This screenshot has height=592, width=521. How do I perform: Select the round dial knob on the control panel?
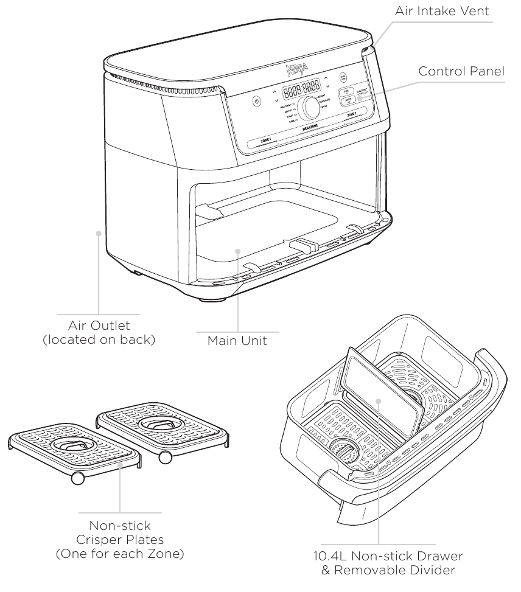point(311,108)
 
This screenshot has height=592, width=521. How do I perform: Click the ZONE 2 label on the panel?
point(352,114)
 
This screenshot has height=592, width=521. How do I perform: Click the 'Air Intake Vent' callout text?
point(443,10)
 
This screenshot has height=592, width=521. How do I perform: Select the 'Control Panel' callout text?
point(461,72)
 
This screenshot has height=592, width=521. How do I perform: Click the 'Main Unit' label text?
point(237,341)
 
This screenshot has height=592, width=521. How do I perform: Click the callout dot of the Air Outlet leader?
point(99,232)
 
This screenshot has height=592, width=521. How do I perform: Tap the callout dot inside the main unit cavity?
point(237,250)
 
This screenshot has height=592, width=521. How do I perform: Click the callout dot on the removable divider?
point(378,401)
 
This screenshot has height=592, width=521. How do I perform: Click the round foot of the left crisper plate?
point(77,478)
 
